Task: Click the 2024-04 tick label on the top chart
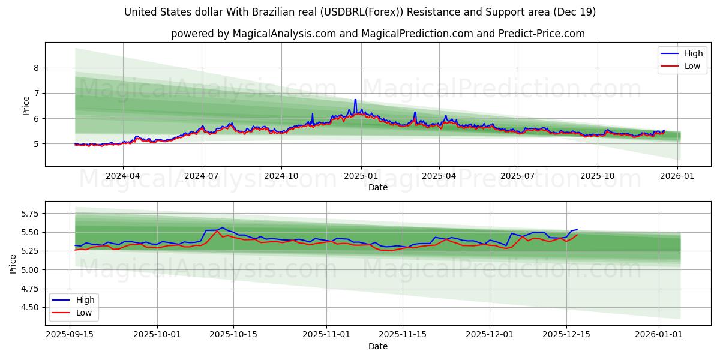coord(122,176)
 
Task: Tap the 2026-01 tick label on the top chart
coord(676,176)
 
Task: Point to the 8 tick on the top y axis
coord(36,68)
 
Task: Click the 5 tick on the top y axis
coord(36,144)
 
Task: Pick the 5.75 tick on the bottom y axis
coord(29,214)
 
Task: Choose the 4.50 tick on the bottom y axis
coord(29,307)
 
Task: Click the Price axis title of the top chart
coord(26,105)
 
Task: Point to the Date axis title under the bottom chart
coord(378,346)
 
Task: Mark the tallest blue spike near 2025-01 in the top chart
coord(355,100)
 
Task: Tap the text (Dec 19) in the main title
coord(574,12)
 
